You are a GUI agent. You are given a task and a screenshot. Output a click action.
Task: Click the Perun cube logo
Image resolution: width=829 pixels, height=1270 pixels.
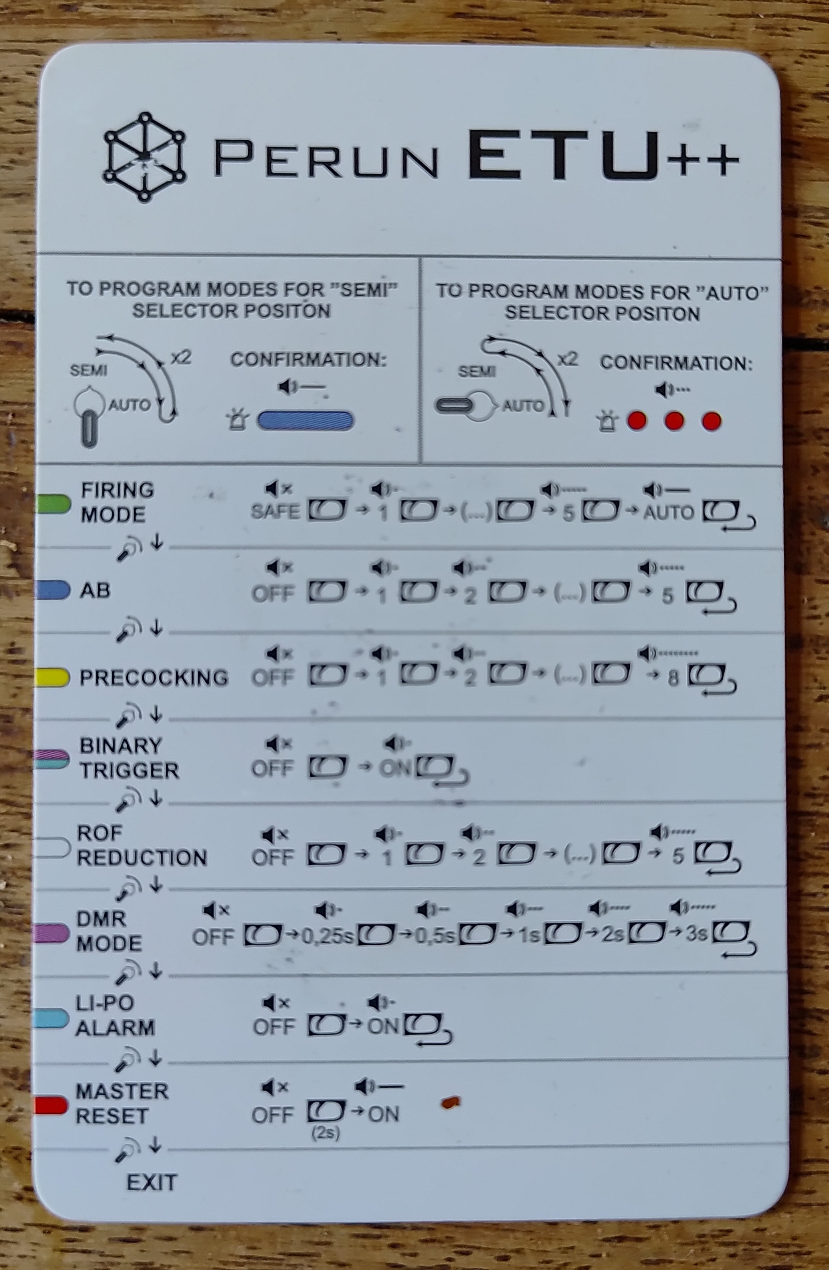pos(144,157)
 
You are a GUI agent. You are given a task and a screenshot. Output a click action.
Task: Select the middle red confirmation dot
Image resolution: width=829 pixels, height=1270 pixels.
pos(674,421)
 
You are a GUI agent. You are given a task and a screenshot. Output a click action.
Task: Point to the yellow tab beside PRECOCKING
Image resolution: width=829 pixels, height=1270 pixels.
pos(52,677)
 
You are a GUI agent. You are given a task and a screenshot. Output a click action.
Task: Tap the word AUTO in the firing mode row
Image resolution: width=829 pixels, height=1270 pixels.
pos(668,513)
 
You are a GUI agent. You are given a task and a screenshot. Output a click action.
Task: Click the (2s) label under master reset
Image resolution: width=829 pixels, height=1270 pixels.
pos(326,1130)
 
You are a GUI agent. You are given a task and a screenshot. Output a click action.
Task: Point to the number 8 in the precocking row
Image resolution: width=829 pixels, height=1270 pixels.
pos(673,678)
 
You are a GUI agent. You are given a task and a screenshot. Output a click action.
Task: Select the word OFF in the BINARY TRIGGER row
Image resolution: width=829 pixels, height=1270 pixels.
pos(272,768)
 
